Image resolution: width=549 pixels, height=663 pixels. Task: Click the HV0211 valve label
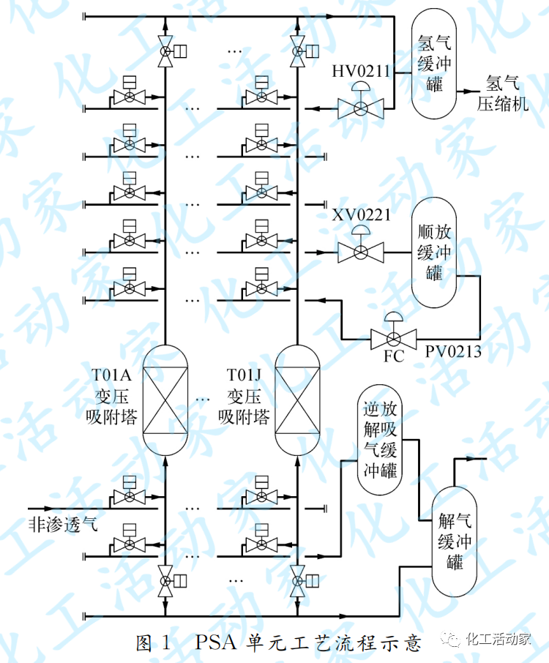[x=361, y=71]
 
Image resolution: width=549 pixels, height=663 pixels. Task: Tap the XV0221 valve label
[x=362, y=215]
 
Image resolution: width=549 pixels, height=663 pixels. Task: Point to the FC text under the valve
[x=394, y=359]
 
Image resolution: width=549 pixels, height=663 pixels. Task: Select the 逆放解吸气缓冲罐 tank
[x=379, y=439]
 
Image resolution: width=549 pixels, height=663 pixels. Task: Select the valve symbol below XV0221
[x=360, y=252]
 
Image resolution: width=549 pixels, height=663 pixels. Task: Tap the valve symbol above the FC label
[x=394, y=337]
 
